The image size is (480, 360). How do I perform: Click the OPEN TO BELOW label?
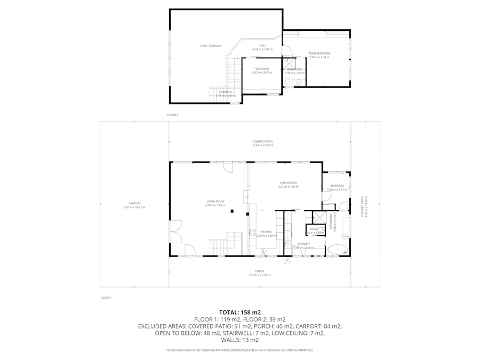[x=211, y=46]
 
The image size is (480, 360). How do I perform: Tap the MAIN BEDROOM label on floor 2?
[x=319, y=53]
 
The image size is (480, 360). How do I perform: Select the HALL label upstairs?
[x=262, y=45]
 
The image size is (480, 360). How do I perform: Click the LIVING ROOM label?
[x=216, y=201]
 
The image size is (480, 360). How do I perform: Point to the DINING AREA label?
[x=288, y=182]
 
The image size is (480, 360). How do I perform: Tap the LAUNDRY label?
[x=303, y=244]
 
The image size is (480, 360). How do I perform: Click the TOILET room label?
[x=314, y=229]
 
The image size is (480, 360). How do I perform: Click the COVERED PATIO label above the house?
[x=262, y=141]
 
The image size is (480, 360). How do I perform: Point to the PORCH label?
[x=260, y=271]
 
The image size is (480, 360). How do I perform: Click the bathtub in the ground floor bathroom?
[x=336, y=249]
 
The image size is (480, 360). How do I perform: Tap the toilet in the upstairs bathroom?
[x=287, y=82]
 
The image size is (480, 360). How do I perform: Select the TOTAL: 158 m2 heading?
[x=240, y=312]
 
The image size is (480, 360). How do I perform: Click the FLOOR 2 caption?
[x=173, y=115]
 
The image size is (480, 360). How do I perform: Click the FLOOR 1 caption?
[x=106, y=298]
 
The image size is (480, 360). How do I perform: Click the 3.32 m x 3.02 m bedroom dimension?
[x=262, y=73]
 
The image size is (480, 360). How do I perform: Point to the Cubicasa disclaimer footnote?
[x=240, y=350]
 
